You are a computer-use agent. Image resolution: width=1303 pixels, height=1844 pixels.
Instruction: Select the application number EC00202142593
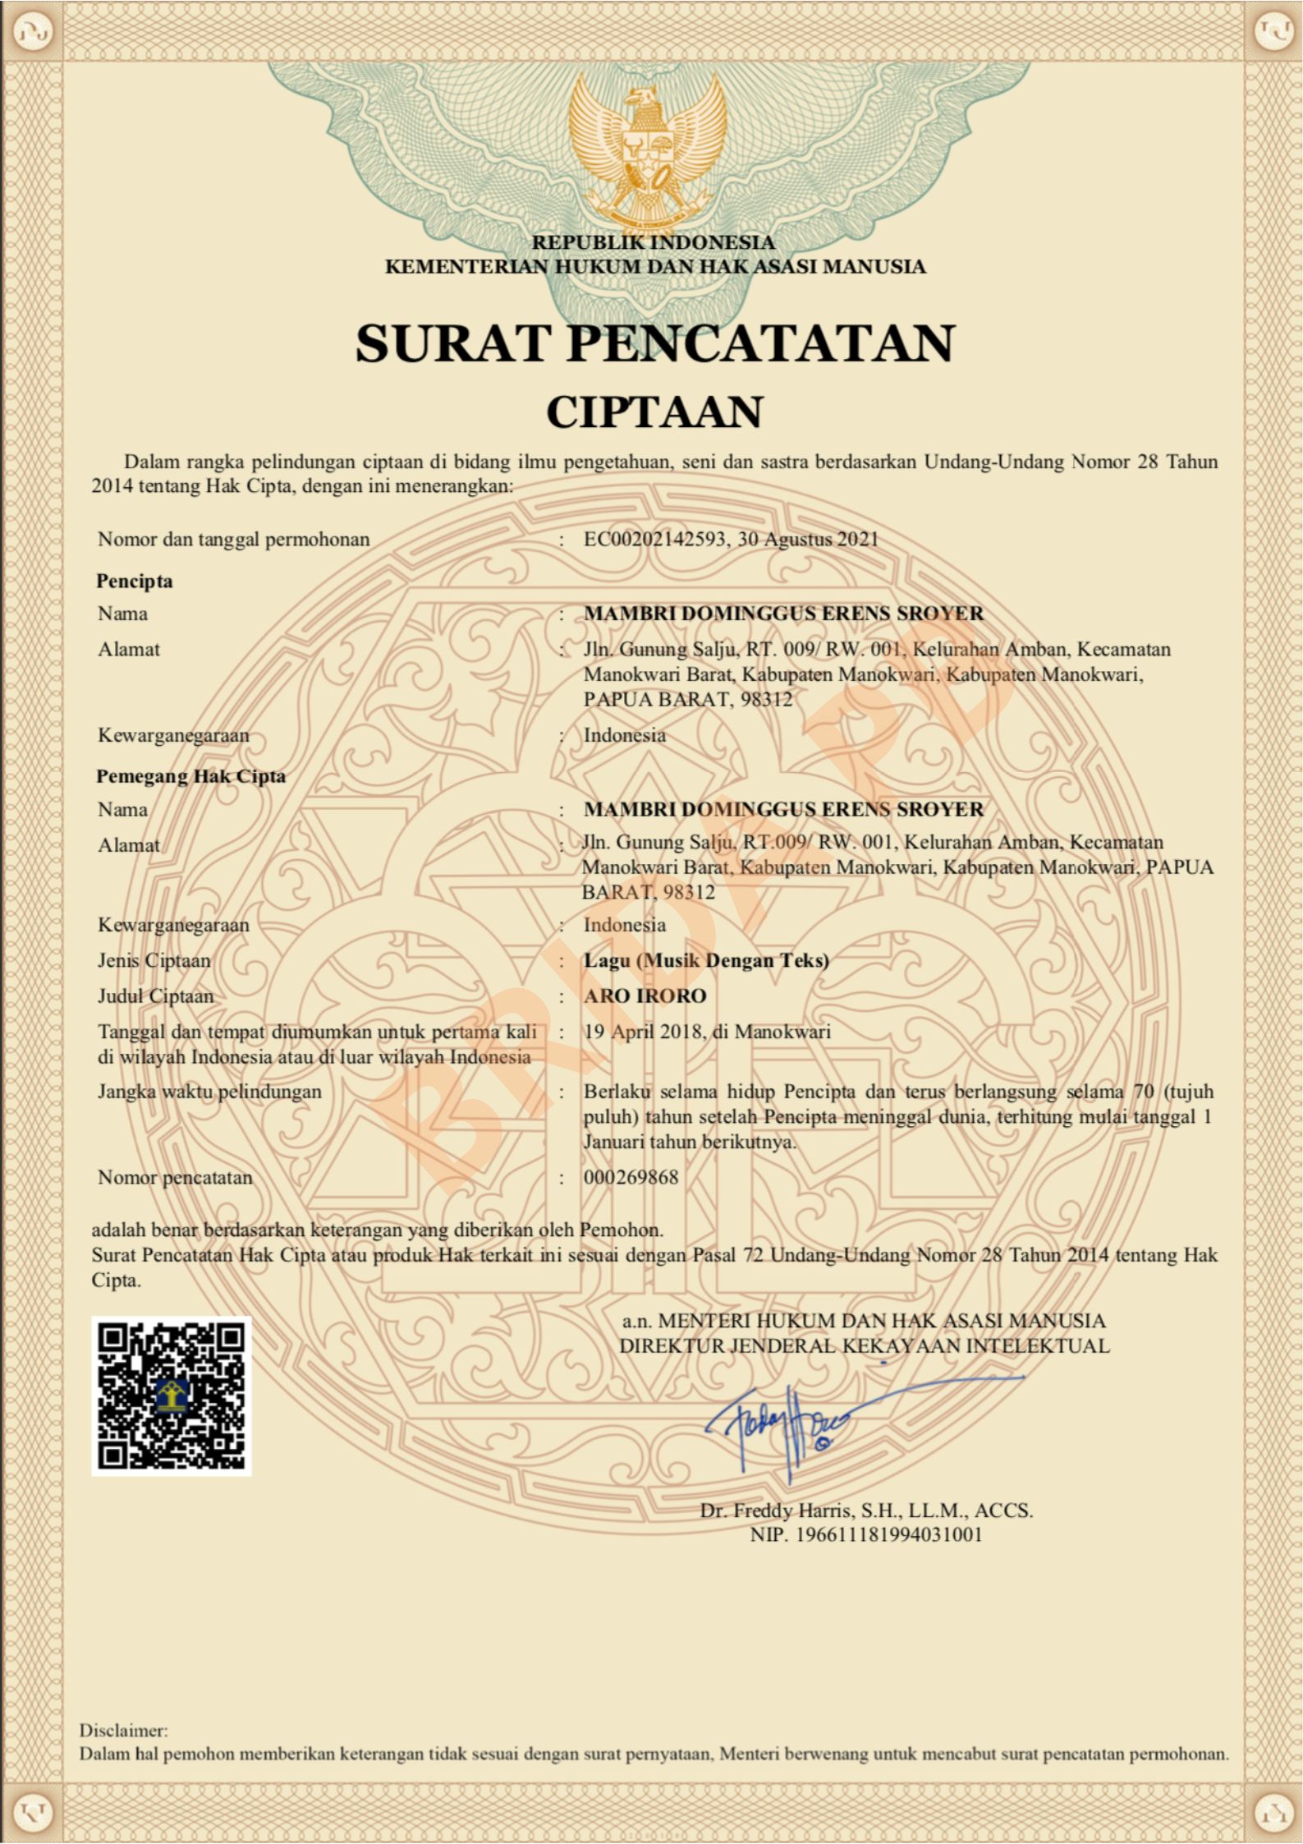point(654,540)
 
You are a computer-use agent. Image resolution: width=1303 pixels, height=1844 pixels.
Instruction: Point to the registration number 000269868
point(631,1177)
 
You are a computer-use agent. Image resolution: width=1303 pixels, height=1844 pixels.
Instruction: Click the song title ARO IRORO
point(645,996)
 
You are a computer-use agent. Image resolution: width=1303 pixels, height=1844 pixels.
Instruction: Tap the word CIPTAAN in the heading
point(654,412)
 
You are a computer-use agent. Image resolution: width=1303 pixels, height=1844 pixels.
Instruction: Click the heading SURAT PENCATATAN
point(654,343)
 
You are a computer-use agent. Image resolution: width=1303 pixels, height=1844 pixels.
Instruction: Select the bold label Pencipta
point(135,582)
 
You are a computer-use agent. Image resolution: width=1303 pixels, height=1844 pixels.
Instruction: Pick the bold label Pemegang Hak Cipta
point(190,776)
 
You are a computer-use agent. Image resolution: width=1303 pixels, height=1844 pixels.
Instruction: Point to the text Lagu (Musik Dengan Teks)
point(706,960)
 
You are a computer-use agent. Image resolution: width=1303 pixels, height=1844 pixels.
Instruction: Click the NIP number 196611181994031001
point(889,1534)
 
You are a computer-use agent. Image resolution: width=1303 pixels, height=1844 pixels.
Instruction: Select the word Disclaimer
point(123,1730)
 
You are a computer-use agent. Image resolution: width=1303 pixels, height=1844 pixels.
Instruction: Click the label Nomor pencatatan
point(175,1177)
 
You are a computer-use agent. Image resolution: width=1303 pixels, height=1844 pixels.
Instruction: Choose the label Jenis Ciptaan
point(154,960)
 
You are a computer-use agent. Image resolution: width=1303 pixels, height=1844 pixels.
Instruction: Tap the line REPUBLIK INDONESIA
point(654,242)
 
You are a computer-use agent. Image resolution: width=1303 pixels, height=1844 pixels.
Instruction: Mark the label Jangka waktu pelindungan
point(209,1092)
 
